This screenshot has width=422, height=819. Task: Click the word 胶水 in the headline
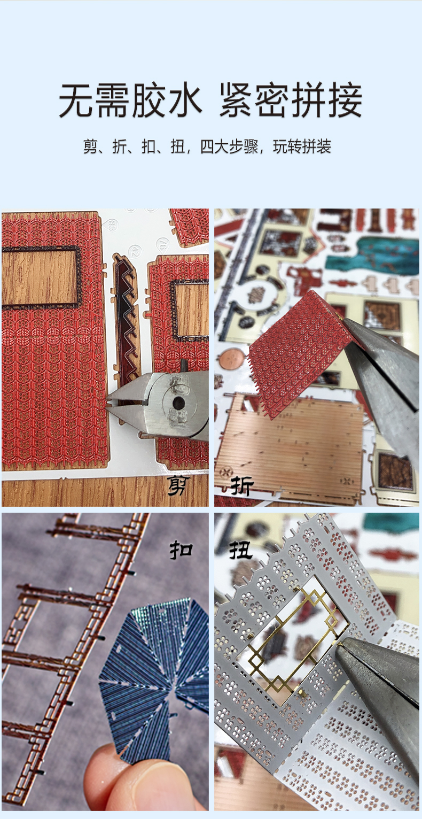167,100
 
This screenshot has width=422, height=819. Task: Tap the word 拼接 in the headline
327,100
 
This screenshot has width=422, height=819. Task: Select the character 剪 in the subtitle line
90,146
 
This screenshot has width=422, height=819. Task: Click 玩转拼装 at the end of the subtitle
302,146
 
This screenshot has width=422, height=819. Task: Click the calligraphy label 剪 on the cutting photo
179,485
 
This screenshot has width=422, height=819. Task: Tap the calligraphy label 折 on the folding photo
241,485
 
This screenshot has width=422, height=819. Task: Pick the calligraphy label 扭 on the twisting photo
240,550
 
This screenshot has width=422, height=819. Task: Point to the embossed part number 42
136,251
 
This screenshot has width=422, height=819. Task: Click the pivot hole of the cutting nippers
178,402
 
